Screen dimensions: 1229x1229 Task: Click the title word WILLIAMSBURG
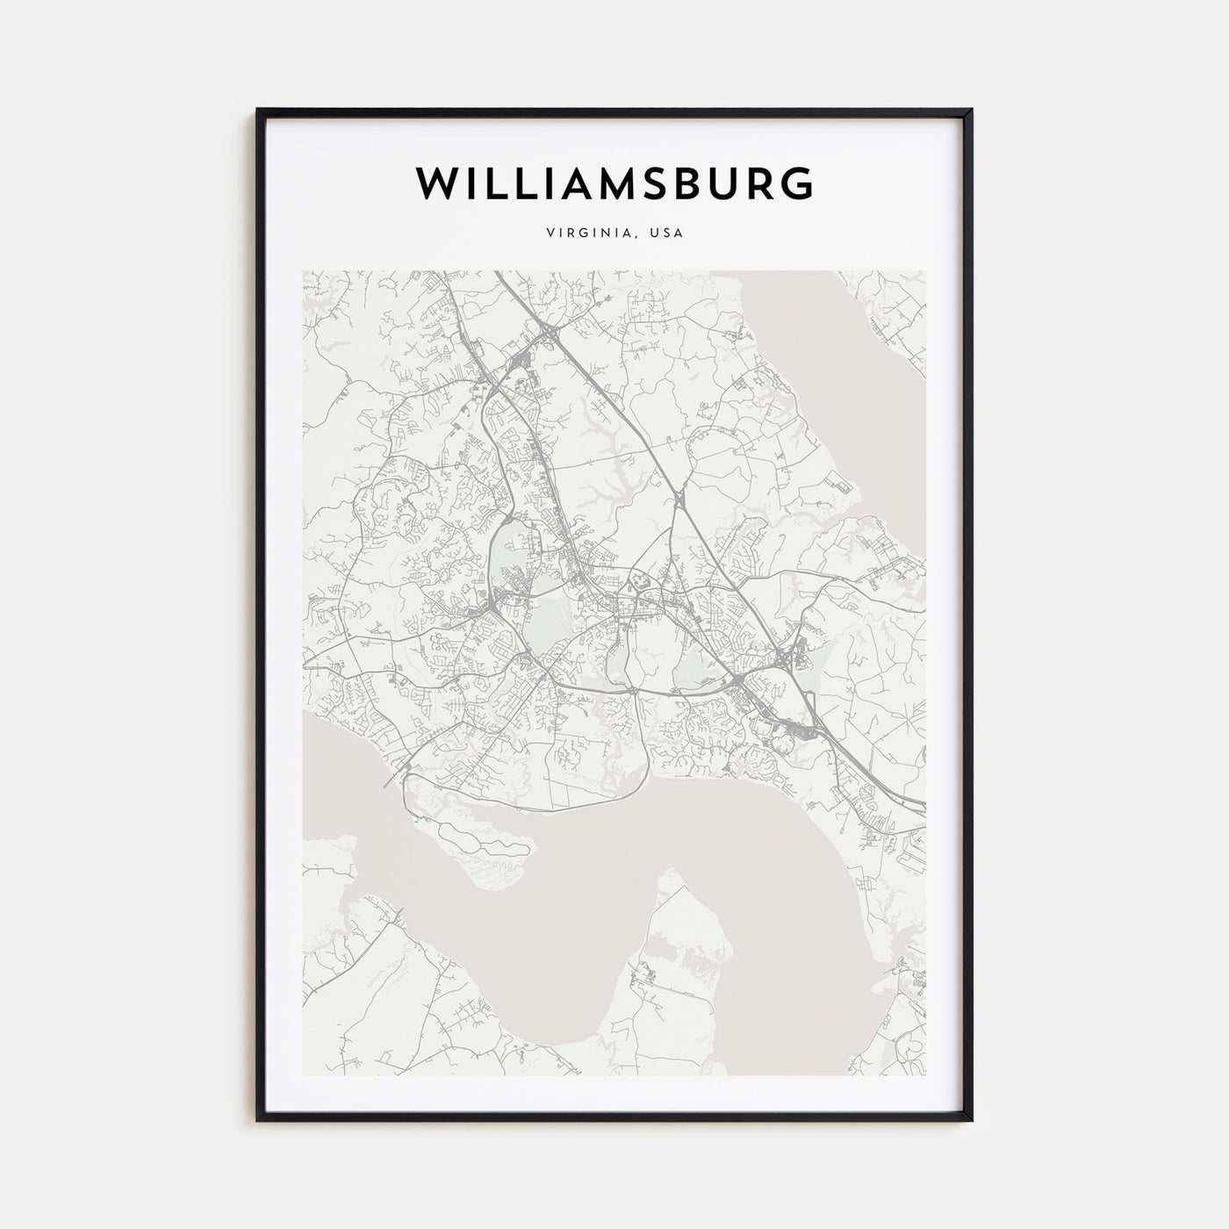pyautogui.click(x=614, y=183)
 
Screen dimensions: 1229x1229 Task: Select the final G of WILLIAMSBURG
pyautogui.click(x=797, y=183)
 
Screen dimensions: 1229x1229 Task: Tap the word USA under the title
pyautogui.click(x=666, y=234)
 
